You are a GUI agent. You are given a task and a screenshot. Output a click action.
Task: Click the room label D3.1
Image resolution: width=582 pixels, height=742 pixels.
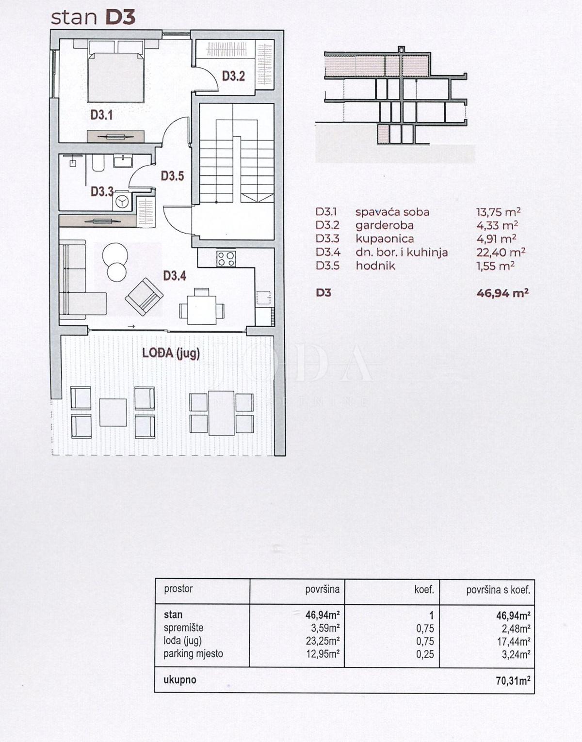pos(101,115)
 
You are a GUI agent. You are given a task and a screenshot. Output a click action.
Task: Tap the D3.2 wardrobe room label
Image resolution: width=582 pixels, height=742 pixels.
pos(233,76)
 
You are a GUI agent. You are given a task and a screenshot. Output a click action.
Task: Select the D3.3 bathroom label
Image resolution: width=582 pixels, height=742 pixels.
pos(102,192)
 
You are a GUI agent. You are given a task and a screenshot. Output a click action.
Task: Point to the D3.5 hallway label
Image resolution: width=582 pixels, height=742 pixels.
pos(172,176)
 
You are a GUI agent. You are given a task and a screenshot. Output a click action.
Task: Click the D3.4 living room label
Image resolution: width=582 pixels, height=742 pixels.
pos(175,276)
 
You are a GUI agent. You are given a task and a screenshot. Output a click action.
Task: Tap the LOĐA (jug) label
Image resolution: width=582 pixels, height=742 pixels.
pos(171,353)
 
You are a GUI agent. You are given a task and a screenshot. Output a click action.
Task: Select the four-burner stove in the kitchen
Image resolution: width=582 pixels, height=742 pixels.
pos(226,258)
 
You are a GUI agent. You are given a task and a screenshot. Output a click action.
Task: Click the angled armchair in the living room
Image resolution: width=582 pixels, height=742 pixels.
pos(144,297)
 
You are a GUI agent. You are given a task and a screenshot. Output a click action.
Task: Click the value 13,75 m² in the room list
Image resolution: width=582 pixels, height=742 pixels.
pos(498,212)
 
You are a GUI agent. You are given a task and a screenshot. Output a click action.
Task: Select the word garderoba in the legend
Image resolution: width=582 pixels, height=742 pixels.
pos(384,225)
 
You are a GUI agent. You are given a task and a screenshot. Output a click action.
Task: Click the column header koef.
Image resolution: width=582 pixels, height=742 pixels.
pos(423,590)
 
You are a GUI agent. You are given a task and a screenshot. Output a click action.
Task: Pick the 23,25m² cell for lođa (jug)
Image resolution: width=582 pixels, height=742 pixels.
pos(322,641)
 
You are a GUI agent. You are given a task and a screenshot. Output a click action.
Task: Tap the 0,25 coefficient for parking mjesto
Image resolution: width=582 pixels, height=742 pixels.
pos(425,654)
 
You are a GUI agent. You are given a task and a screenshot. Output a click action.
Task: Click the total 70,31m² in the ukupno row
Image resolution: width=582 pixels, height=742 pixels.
pos(513,680)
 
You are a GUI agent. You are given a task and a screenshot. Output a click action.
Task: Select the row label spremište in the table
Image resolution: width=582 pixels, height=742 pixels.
pos(183,628)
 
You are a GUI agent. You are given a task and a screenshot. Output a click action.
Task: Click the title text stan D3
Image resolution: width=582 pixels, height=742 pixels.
pos(93,17)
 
